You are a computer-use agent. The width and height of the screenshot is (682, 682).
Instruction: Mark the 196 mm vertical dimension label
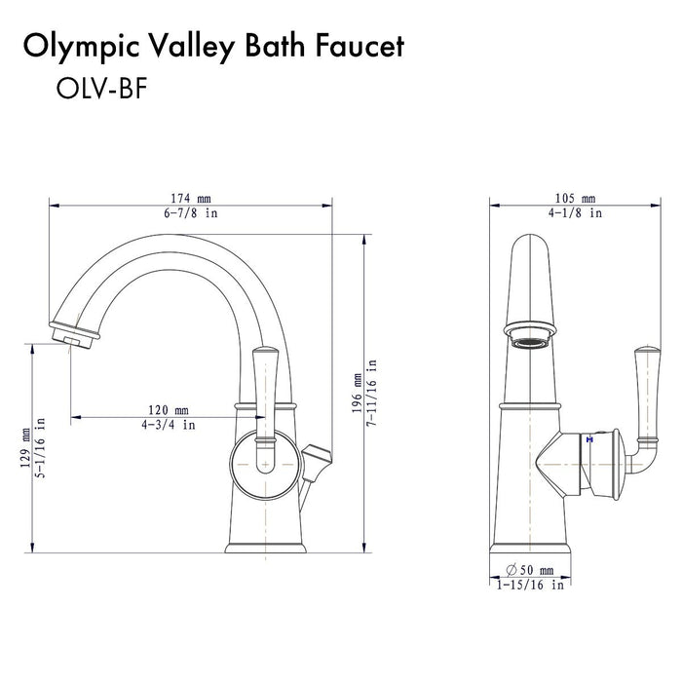357,391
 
